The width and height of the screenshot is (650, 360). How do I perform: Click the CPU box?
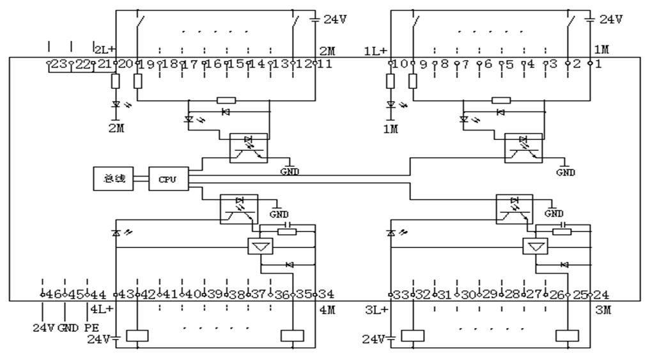click(x=168, y=179)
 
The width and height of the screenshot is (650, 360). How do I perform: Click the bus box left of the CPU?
click(x=113, y=179)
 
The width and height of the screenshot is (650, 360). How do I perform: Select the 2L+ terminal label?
click(x=104, y=49)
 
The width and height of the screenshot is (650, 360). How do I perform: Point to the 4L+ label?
click(x=102, y=309)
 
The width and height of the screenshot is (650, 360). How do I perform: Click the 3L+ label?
click(x=376, y=309)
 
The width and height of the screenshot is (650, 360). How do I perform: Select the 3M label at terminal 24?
click(x=601, y=309)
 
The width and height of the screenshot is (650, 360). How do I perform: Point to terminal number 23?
click(x=58, y=63)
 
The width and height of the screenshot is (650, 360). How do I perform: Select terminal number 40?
click(x=190, y=294)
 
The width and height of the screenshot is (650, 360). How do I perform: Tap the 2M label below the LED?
click(x=116, y=127)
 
